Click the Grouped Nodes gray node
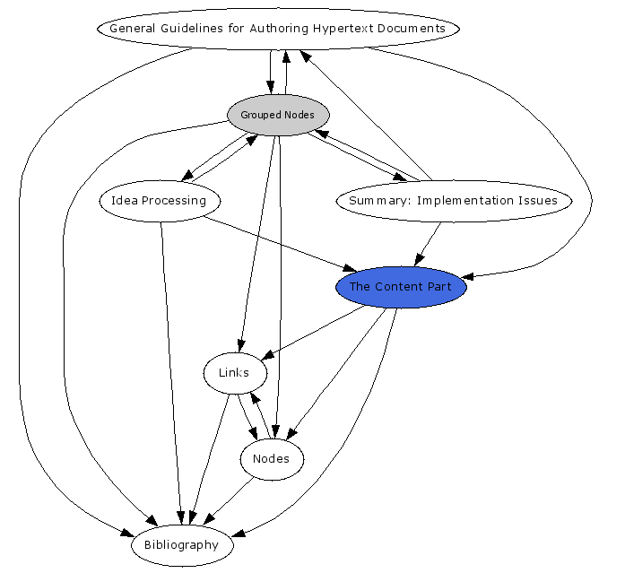click(x=278, y=115)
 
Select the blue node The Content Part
click(x=401, y=287)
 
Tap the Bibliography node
click(x=181, y=544)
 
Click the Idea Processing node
click(x=159, y=200)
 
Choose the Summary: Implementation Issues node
click(x=453, y=200)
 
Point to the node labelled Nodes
click(x=272, y=459)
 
